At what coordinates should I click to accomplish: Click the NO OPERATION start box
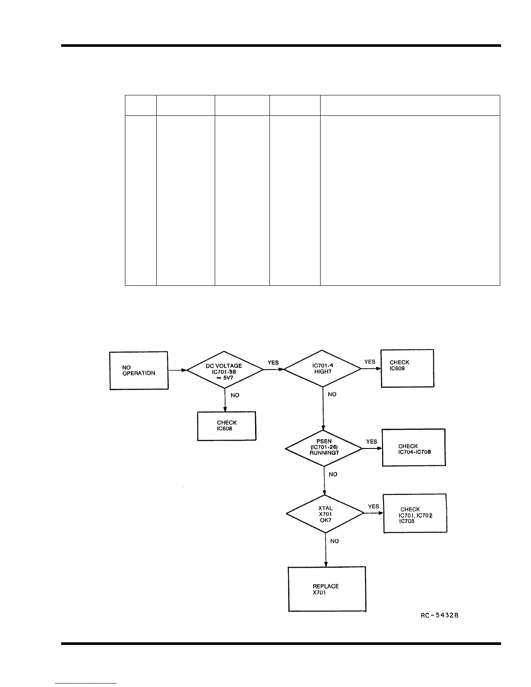click(x=138, y=370)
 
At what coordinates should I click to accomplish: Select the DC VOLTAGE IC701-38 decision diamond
click(x=224, y=370)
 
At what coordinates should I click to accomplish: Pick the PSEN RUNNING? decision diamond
click(x=324, y=448)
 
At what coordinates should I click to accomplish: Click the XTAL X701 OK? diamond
click(x=325, y=514)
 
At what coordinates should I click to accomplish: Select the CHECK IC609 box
click(x=407, y=368)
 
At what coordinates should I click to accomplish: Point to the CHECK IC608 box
click(x=226, y=426)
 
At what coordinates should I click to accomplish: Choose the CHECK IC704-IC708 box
click(x=413, y=448)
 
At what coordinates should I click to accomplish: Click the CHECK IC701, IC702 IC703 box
click(x=415, y=514)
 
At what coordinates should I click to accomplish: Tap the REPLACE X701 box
click(x=327, y=589)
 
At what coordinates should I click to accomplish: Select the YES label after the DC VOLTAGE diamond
click(x=273, y=363)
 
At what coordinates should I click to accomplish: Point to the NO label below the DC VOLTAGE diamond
click(x=235, y=395)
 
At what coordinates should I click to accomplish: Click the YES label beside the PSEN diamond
click(x=371, y=442)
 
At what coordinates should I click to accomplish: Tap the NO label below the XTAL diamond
click(x=334, y=541)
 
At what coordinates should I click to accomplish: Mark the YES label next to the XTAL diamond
click(x=373, y=507)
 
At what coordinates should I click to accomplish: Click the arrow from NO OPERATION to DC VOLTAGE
click(x=177, y=370)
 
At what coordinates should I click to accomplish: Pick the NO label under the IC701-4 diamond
click(x=332, y=394)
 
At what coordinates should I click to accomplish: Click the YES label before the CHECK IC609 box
click(x=370, y=362)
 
